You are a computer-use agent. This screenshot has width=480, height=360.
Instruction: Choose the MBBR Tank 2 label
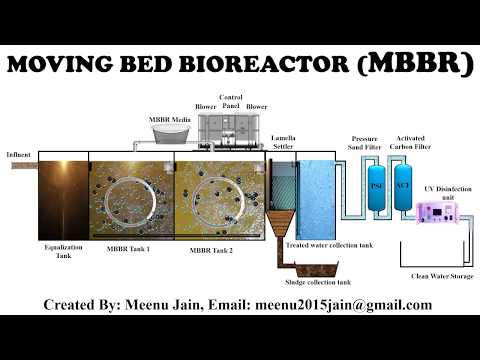coord(213,249)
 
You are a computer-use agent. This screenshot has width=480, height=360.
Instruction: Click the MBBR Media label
coord(170,119)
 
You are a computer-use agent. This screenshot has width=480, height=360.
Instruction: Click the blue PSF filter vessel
coord(377,186)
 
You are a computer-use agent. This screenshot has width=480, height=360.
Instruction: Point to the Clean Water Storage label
coord(440,275)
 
